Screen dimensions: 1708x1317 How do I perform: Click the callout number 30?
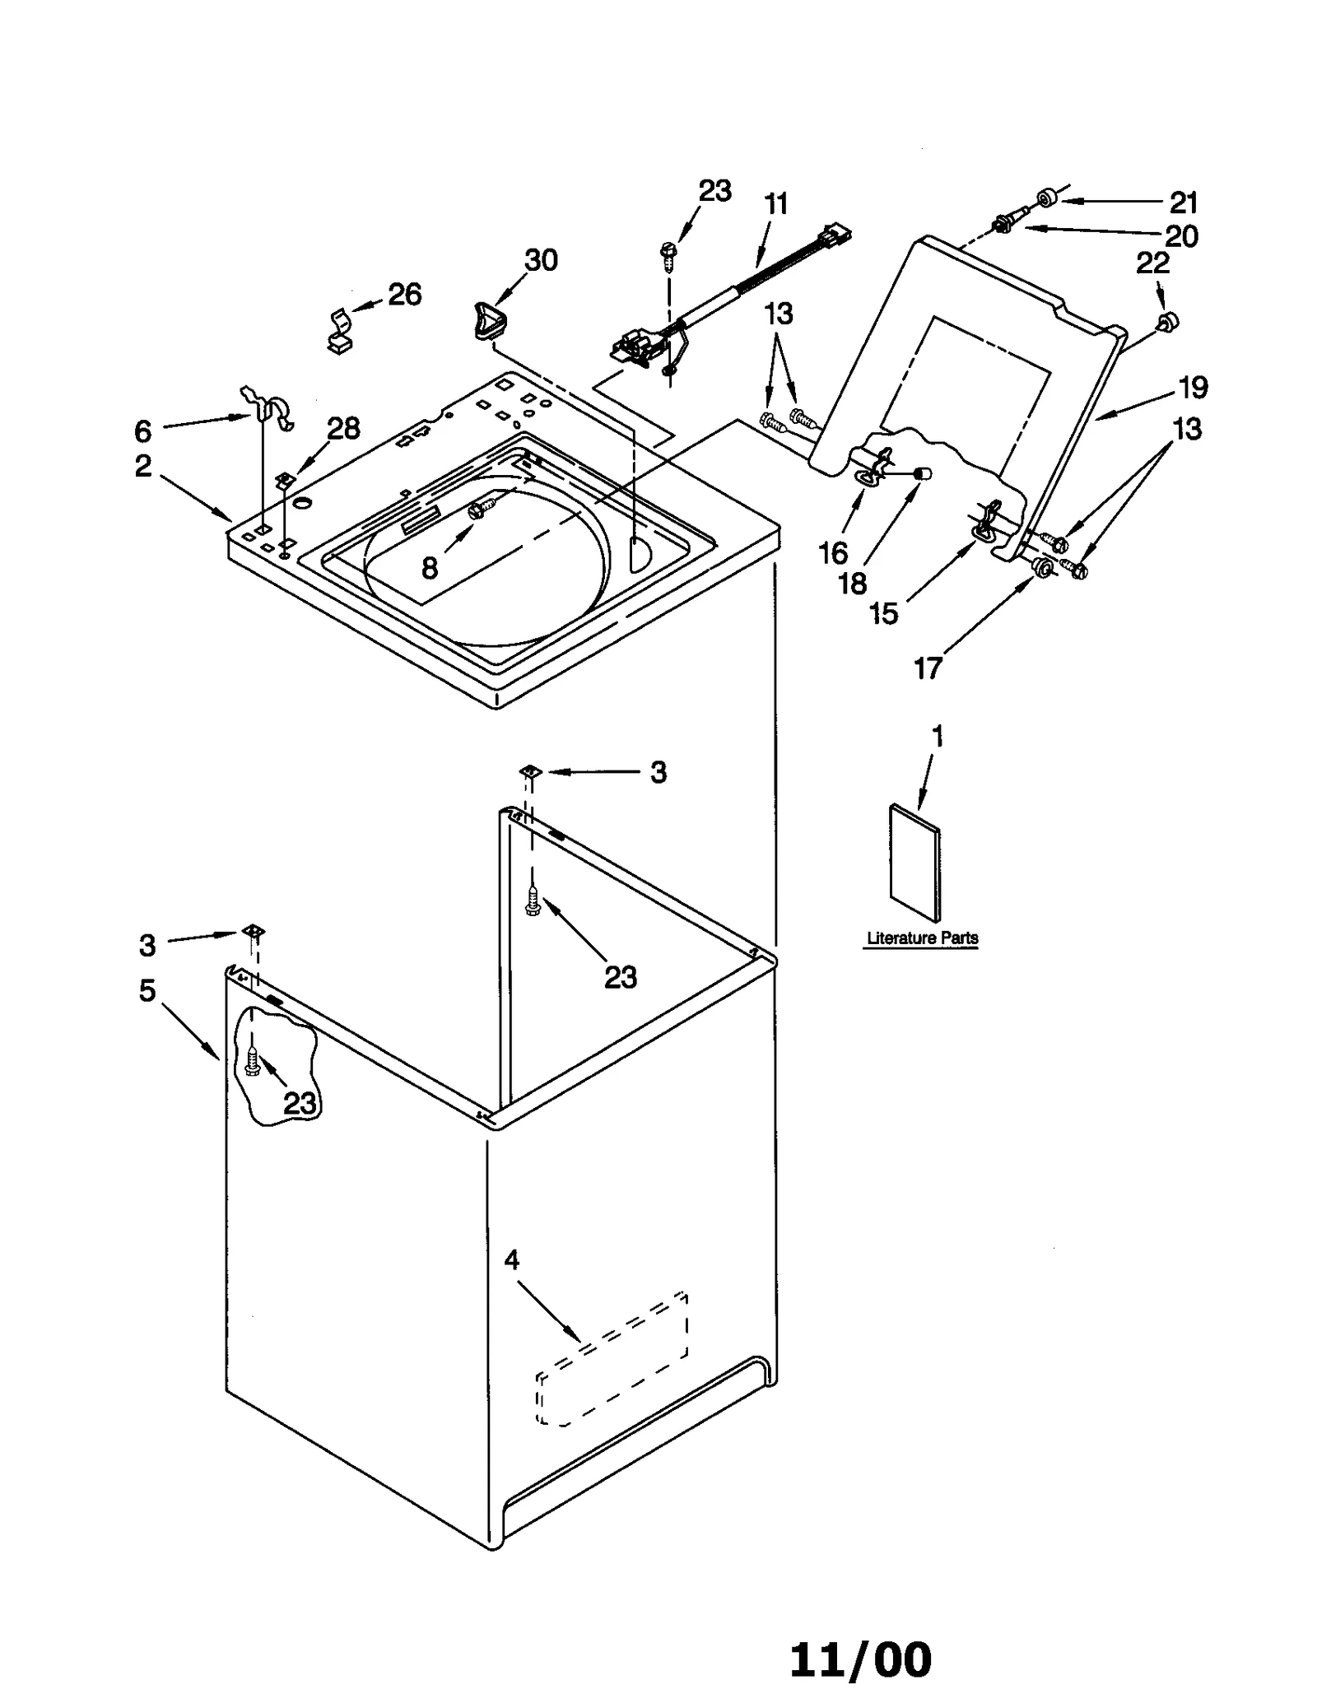(x=541, y=260)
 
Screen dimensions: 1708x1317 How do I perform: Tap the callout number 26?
(x=404, y=295)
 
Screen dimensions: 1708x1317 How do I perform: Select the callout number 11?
(x=776, y=204)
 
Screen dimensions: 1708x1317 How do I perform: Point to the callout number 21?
(x=1183, y=202)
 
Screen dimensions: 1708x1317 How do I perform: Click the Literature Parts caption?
(x=922, y=938)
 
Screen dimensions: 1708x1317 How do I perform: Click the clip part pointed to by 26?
(x=338, y=331)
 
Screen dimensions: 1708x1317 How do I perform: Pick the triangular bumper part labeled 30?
(x=489, y=319)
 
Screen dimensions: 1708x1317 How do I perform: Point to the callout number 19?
(x=1193, y=387)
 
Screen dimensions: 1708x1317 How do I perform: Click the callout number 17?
(x=928, y=669)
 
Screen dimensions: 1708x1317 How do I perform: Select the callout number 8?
(x=430, y=568)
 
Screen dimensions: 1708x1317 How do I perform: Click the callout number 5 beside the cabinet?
(x=147, y=991)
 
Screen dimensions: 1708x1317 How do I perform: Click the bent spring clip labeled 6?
(x=270, y=405)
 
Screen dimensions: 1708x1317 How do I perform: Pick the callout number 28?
(x=343, y=428)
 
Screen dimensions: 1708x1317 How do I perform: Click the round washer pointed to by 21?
(x=1047, y=199)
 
